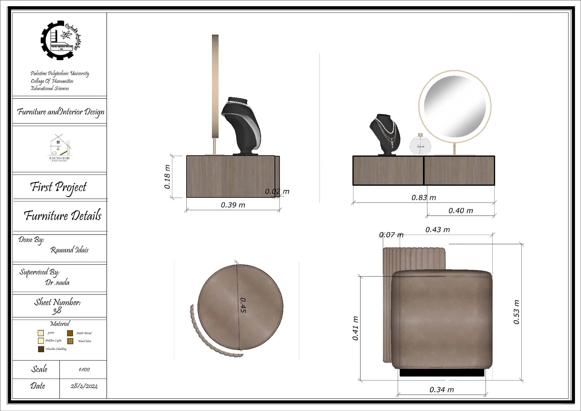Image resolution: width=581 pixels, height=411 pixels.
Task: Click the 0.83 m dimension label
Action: tap(424, 198)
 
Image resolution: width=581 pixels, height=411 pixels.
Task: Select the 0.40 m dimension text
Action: tap(461, 211)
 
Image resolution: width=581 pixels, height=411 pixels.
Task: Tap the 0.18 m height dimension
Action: tap(167, 177)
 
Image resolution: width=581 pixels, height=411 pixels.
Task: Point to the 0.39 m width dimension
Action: tap(233, 205)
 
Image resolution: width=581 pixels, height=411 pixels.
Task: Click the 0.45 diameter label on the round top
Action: tap(243, 305)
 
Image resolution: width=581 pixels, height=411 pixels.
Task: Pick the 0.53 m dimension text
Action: tap(516, 312)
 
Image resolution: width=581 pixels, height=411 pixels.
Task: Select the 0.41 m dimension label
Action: tap(355, 328)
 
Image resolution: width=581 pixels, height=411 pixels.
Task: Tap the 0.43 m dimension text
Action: tap(437, 230)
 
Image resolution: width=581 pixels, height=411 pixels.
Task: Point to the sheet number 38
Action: tap(57, 311)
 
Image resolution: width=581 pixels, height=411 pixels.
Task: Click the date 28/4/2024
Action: tap(84, 386)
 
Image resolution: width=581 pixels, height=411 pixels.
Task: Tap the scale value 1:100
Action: tap(84, 370)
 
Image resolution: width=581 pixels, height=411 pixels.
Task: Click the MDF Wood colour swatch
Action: tap(70, 333)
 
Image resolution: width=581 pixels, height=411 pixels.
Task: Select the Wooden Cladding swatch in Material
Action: tap(41, 349)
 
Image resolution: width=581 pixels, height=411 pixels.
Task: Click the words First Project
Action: tap(59, 187)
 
